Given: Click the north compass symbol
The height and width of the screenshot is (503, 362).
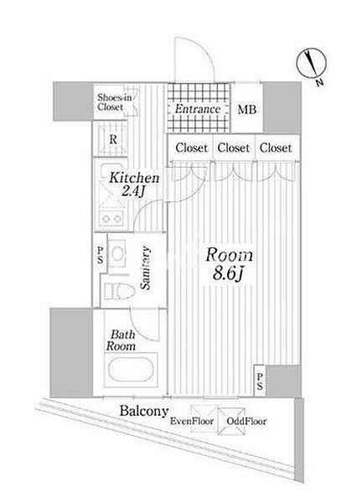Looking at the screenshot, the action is click(x=312, y=65).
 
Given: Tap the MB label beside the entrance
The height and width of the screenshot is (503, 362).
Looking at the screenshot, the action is click(x=247, y=110).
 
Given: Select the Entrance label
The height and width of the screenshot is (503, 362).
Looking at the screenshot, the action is click(x=198, y=109).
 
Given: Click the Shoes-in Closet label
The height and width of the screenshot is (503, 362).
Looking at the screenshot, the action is click(x=114, y=102).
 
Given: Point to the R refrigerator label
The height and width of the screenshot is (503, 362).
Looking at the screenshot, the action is click(x=113, y=139).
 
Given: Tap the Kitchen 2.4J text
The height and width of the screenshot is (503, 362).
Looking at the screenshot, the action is click(x=134, y=184).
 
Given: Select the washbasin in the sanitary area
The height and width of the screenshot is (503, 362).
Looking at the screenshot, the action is click(x=117, y=254).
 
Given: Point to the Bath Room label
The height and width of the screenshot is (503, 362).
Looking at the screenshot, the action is click(x=122, y=340).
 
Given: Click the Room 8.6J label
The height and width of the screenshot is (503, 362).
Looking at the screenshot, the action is click(x=229, y=264).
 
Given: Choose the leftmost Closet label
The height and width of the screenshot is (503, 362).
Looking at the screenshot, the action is click(x=191, y=148).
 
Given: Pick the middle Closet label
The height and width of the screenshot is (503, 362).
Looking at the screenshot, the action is click(x=234, y=148).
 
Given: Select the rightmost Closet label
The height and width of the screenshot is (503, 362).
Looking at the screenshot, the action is click(x=276, y=148).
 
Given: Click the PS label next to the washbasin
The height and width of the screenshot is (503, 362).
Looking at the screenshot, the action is click(x=101, y=255).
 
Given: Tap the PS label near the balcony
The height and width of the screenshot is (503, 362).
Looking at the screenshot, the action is click(x=260, y=381).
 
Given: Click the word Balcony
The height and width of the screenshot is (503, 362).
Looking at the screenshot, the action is click(x=144, y=411).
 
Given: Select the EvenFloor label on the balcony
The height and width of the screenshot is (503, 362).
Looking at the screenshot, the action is click(x=192, y=421).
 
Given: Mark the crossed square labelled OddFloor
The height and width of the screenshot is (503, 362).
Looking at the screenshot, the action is click(x=231, y=421).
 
